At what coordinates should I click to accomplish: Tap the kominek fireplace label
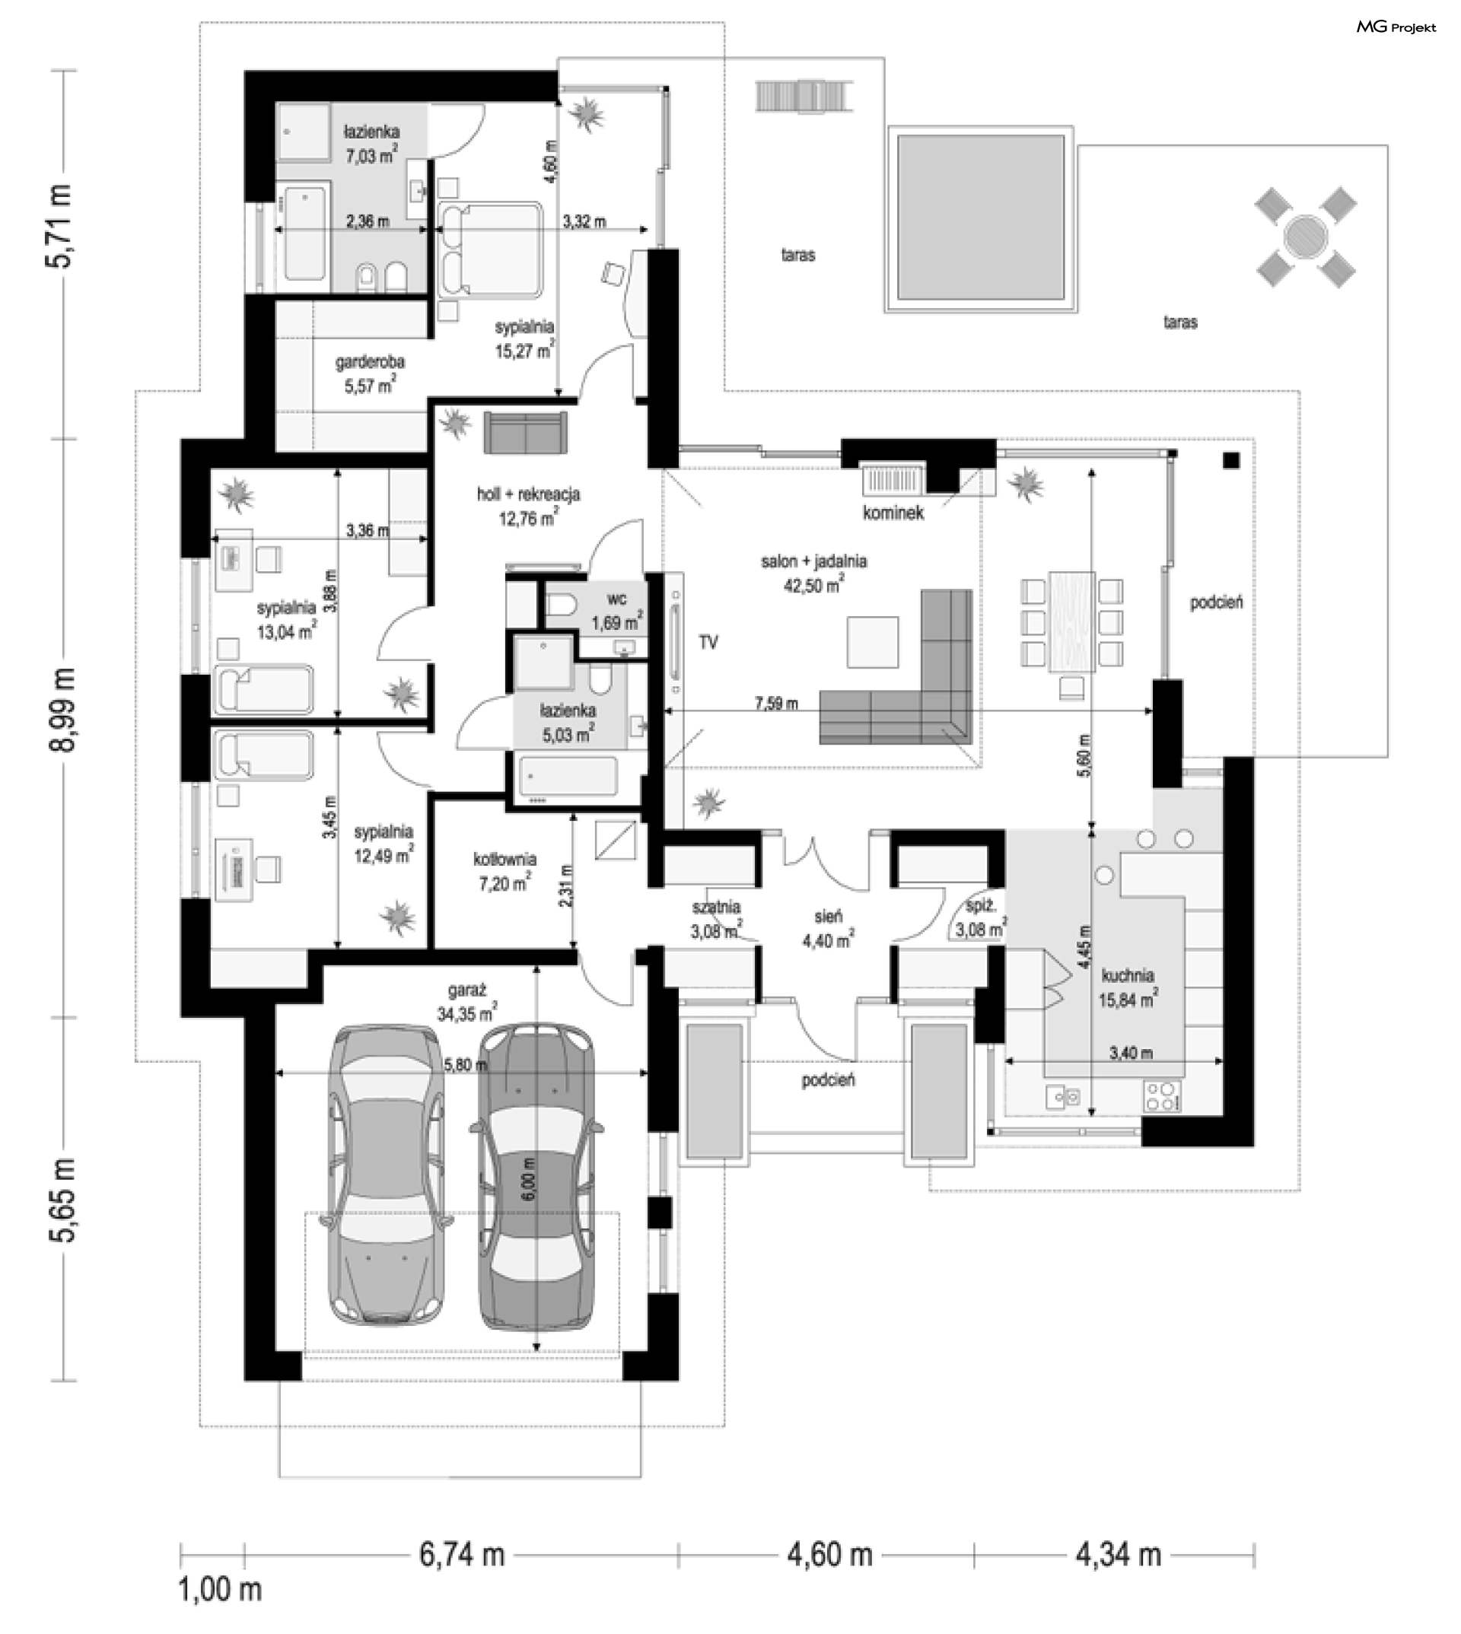click(893, 512)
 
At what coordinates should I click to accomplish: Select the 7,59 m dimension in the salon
click(776, 704)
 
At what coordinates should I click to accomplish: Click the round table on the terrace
click(1306, 237)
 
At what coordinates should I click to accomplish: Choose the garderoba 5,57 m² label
click(370, 374)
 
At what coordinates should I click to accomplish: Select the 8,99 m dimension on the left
click(63, 709)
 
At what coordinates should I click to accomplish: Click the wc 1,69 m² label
click(617, 612)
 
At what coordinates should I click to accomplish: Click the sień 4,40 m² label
click(829, 928)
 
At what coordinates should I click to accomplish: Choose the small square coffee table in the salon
click(873, 642)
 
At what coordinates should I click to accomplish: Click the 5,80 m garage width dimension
click(465, 1065)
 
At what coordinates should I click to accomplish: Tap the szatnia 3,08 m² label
click(716, 919)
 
